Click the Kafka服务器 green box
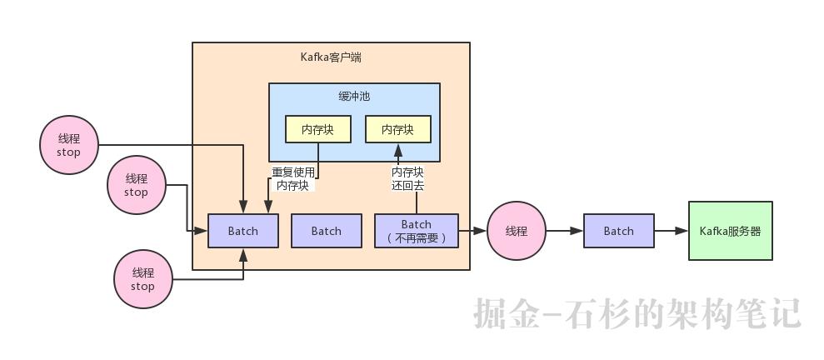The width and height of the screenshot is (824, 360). (x=730, y=231)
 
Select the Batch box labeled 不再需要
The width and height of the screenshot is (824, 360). (x=417, y=231)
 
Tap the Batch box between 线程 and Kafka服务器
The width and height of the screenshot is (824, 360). (x=618, y=231)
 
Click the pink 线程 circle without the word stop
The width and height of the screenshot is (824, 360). (x=517, y=231)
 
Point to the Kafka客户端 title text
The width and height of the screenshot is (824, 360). (x=331, y=57)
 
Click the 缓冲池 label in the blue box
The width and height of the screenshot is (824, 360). (x=354, y=97)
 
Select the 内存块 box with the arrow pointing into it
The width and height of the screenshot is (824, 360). (x=397, y=129)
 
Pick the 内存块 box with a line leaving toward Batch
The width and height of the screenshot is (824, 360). (x=317, y=129)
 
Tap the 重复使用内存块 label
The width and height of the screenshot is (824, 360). (x=292, y=179)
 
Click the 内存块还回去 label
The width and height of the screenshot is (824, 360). (x=407, y=179)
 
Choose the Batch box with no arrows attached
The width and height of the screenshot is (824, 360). (x=327, y=231)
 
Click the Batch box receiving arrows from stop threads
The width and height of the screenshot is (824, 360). (x=243, y=231)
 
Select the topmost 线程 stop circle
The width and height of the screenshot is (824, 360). (x=68, y=146)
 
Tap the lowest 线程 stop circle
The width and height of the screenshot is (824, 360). (x=142, y=279)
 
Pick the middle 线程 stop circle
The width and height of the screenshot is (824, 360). (x=136, y=185)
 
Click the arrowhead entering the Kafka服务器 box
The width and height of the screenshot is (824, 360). (x=682, y=231)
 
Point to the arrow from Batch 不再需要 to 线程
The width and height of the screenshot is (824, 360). (x=472, y=231)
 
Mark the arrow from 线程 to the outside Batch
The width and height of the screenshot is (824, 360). (x=565, y=231)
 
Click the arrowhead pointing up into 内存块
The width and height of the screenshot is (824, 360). (x=397, y=149)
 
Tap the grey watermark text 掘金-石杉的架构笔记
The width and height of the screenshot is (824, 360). (x=637, y=313)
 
